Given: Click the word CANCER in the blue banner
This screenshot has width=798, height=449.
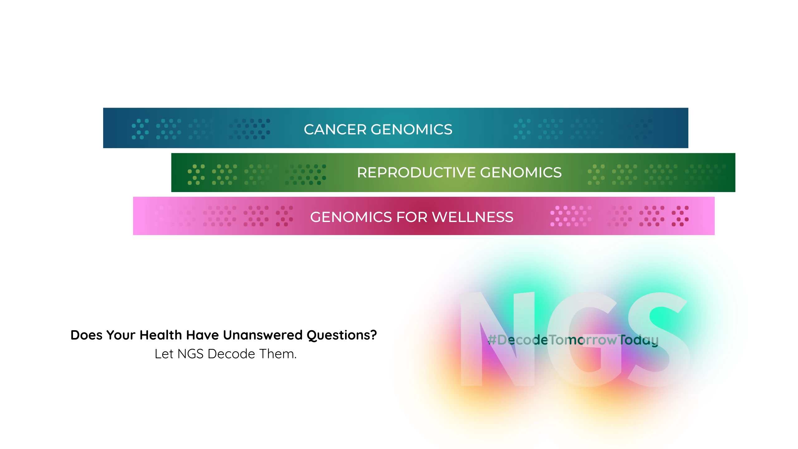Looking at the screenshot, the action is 335,129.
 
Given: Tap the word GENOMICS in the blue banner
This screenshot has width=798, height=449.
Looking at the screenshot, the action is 411,129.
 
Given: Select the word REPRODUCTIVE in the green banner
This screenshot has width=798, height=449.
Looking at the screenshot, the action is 416,172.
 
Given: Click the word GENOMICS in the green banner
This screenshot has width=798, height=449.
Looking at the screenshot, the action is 521,172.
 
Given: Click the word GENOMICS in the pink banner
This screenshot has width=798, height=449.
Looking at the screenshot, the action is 351,217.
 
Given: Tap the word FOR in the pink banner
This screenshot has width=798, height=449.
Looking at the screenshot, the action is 412,217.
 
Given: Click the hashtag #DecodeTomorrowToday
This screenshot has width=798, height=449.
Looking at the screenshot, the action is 573,340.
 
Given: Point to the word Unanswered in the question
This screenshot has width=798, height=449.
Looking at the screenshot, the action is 263,335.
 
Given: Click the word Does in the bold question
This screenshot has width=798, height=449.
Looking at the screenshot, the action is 87,335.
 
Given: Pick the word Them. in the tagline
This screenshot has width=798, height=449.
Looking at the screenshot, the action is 278,354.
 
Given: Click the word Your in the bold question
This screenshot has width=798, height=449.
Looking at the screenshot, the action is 121,335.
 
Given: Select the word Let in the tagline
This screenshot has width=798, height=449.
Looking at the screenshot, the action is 164,354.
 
